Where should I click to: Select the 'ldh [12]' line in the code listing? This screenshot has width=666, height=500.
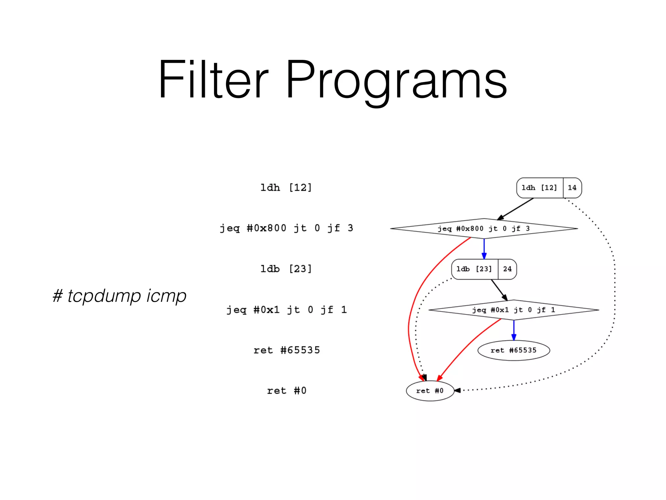click(286, 187)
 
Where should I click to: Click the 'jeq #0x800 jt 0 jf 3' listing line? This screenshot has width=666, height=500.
click(286, 228)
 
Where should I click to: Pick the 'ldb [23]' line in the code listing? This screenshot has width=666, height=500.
click(286, 269)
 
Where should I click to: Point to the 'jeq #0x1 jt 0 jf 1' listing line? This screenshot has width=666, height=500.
click(286, 310)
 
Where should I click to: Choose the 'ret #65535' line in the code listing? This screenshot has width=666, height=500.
click(286, 350)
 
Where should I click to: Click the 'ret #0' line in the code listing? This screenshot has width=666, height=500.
click(286, 391)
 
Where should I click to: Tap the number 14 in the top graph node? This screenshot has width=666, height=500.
click(572, 188)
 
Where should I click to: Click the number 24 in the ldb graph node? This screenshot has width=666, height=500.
click(507, 269)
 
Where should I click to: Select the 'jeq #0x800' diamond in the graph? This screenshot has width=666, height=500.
click(484, 229)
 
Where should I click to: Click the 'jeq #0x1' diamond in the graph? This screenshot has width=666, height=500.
click(513, 310)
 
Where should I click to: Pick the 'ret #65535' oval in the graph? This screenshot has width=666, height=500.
click(513, 351)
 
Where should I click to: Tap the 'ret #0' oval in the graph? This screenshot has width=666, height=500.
click(430, 391)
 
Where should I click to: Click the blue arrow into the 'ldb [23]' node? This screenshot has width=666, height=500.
click(484, 249)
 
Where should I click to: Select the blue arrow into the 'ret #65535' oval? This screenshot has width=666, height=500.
click(514, 330)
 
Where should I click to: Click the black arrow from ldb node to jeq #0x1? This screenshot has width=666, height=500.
click(499, 290)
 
